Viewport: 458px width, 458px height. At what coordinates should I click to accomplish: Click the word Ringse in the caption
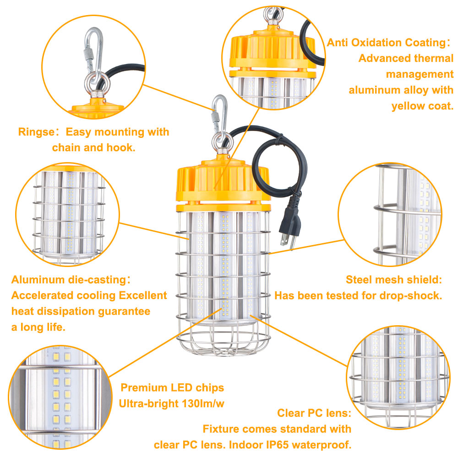tap(36, 132)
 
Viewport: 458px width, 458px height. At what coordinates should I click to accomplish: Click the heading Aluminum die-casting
tap(69, 280)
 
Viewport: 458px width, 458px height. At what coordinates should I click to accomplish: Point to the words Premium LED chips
tap(172, 388)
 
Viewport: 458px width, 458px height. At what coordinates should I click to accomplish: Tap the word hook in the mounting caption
tap(121, 148)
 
